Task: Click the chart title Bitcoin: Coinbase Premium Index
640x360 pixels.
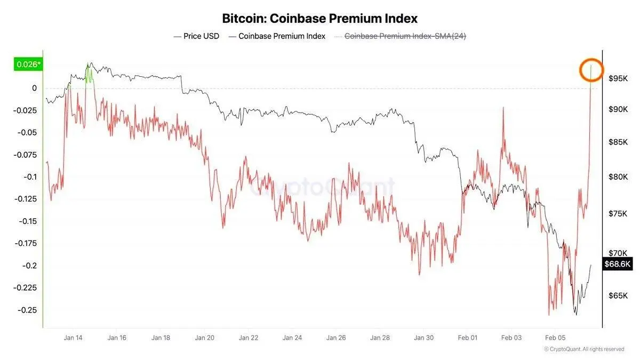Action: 320,18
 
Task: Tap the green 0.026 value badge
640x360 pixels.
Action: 28,65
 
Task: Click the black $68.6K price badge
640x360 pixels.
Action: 618,264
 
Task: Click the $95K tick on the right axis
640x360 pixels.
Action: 618,79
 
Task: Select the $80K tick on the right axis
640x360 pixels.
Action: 618,177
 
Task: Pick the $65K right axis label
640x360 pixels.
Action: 618,295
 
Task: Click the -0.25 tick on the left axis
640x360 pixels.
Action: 27,310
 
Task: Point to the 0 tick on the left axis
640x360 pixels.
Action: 34,88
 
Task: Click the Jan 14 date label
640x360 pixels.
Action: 73,338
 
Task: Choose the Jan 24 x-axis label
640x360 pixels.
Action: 292,338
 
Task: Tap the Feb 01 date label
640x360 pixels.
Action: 468,338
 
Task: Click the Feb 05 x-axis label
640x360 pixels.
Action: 555,338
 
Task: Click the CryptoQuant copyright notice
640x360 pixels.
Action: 584,349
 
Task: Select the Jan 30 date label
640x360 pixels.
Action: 424,338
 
